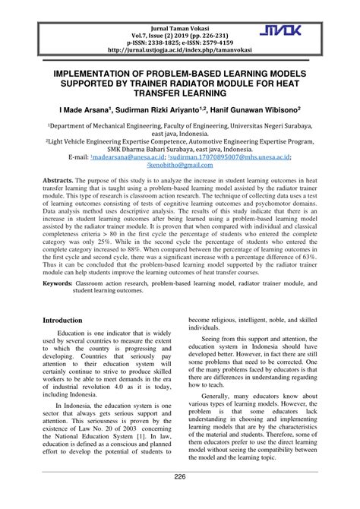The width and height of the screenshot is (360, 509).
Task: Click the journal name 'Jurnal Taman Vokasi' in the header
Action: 180,17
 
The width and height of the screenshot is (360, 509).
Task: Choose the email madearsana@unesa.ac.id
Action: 120,156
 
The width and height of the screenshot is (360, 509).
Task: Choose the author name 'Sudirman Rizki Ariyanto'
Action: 173,109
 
